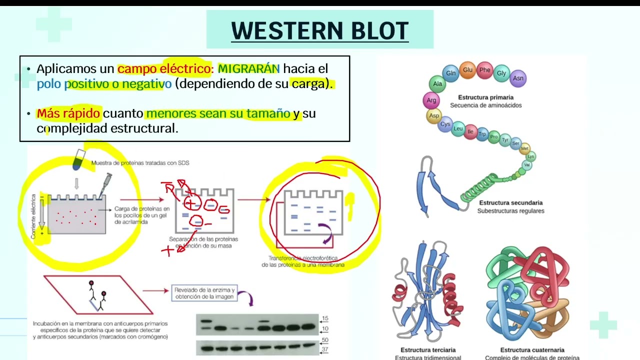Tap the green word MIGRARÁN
tap(248, 68)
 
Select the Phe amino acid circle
tap(484, 70)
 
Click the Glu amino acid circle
tap(467, 70)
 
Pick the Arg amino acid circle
tap(431, 100)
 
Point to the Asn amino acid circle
tap(518, 78)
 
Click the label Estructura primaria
tap(485, 97)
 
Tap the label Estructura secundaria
tap(510, 202)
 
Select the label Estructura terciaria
tap(428, 350)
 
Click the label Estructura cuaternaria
tap(532, 350)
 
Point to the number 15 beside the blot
tap(325, 318)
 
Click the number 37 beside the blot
tap(325, 349)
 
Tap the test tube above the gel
tap(78, 159)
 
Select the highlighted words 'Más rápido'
tap(68, 113)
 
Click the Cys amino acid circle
tap(445, 124)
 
